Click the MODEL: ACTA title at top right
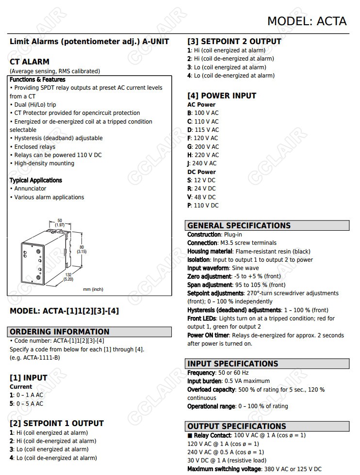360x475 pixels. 307,21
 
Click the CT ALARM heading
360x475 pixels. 30,62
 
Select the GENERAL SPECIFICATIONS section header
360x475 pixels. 239,225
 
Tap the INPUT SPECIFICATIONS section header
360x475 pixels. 233,364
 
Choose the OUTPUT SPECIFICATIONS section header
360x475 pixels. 237,426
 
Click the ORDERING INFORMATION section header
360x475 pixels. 60,332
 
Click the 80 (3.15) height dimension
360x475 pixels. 82,249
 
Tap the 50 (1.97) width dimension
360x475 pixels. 60,222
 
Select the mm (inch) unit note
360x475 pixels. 93,289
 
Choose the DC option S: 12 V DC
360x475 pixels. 201,180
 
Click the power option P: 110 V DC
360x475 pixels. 203,206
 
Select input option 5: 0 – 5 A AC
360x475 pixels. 26,403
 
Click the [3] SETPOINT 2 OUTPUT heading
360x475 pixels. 234,42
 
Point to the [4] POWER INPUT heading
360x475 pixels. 222,95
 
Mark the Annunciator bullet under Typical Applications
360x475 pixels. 30,189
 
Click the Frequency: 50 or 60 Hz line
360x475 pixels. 218,373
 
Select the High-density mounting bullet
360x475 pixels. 44,163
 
